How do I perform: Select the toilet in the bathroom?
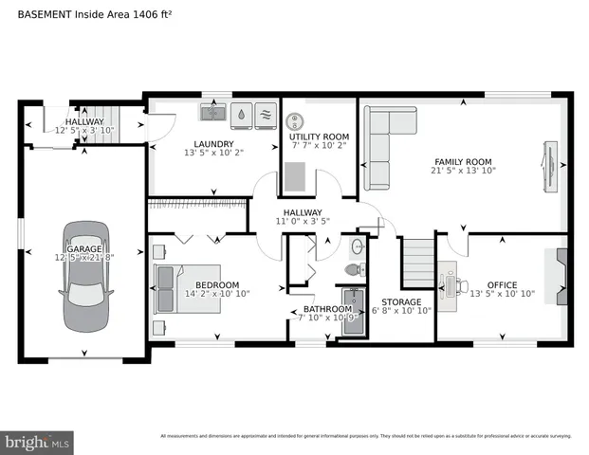[353, 271]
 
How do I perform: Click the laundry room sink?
[212, 114]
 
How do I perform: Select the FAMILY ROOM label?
[464, 160]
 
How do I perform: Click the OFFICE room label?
[502, 284]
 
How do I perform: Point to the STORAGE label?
[402, 302]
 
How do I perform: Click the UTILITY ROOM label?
[319, 137]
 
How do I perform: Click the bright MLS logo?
[37, 442]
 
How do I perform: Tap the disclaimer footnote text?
[365, 436]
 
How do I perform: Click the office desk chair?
[463, 283]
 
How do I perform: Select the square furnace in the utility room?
[298, 176]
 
